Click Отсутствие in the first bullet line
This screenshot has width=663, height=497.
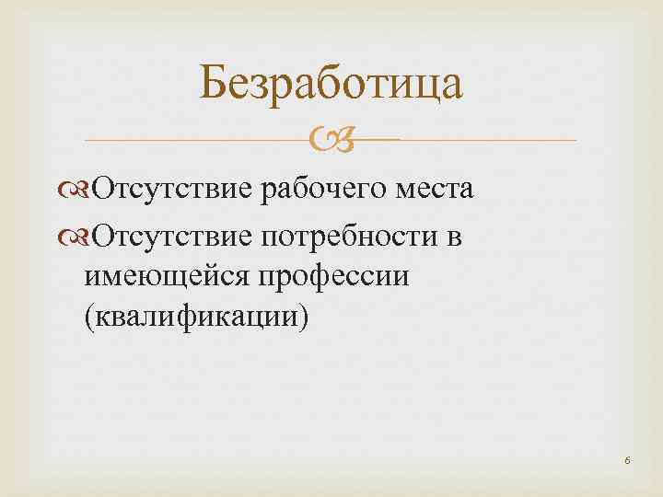(x=175, y=191)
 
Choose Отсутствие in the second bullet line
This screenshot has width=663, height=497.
(x=175, y=237)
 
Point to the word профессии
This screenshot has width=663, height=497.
(x=336, y=278)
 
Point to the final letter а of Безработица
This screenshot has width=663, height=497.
(x=450, y=88)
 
